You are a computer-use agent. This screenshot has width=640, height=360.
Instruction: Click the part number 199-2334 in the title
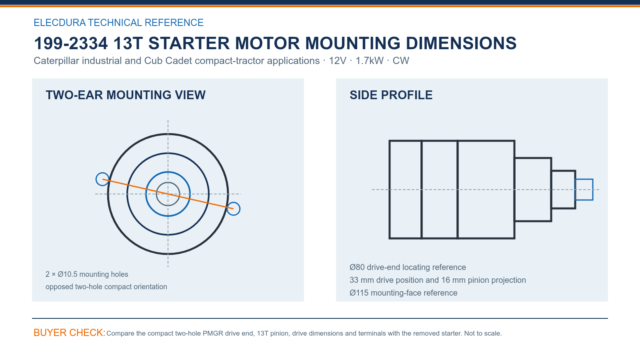click(71, 44)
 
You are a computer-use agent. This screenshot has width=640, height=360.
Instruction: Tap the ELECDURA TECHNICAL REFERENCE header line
click(118, 22)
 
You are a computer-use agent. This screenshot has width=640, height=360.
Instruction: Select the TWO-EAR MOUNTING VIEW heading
click(126, 95)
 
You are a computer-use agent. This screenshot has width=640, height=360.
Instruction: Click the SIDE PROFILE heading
click(391, 95)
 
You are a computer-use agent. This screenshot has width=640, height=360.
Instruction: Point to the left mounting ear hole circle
click(96, 179)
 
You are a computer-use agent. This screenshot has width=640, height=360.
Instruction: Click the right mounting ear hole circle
click(240, 208)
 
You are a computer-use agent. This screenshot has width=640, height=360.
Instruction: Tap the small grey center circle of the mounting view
click(168, 182)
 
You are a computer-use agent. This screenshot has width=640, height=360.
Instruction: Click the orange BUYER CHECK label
click(70, 332)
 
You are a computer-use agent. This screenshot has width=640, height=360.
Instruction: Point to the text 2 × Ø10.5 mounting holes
click(87, 274)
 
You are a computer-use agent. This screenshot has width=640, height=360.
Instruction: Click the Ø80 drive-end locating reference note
click(408, 267)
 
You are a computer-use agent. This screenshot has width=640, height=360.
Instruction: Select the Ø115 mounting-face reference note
click(404, 293)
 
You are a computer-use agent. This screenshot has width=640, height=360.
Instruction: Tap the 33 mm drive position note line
click(438, 280)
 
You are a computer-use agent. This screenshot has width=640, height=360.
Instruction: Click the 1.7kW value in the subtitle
click(370, 60)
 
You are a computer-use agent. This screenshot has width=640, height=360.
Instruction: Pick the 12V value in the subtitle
click(338, 60)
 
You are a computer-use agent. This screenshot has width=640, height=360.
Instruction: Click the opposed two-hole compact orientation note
click(106, 286)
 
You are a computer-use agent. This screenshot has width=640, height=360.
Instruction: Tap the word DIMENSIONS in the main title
click(461, 44)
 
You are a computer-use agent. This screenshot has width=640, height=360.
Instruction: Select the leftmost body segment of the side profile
click(389, 190)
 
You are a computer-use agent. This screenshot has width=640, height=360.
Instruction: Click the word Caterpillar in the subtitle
click(56, 60)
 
